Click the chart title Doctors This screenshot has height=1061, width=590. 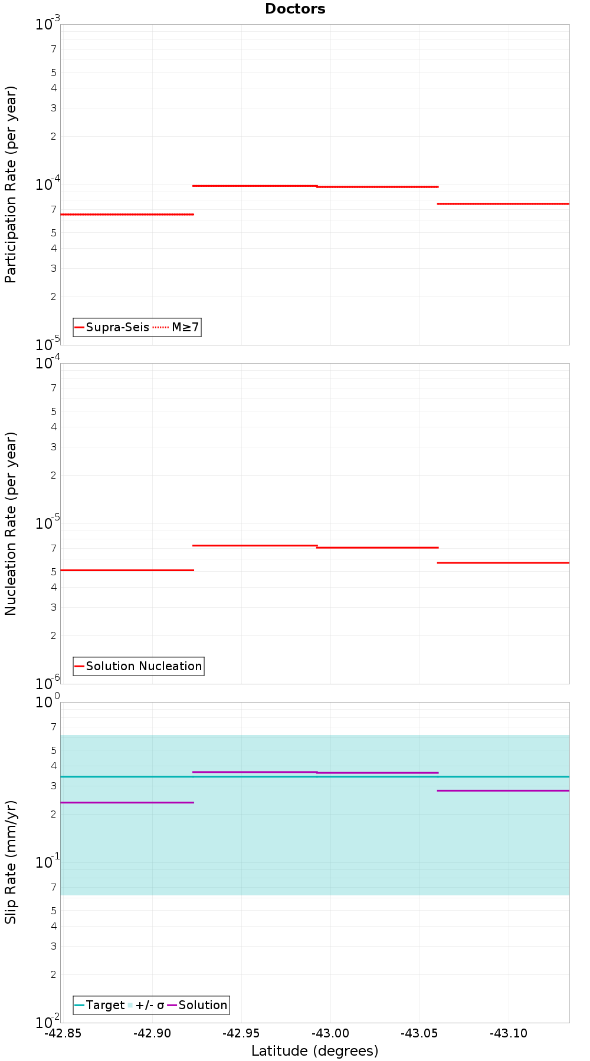pyautogui.click(x=295, y=9)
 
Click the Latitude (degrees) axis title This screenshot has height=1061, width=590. pyautogui.click(x=314, y=1050)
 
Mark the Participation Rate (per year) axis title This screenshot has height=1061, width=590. pyautogui.click(x=11, y=184)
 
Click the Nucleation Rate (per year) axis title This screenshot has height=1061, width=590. pyautogui.click(x=11, y=523)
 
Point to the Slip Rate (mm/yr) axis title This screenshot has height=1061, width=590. pyautogui.click(x=11, y=862)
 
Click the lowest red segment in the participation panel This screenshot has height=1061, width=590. pyautogui.click(x=127, y=214)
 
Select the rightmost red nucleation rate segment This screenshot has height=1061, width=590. pyautogui.click(x=503, y=562)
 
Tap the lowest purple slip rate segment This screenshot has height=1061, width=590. pyautogui.click(x=127, y=802)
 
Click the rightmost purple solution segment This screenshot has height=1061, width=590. pyautogui.click(x=503, y=790)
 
